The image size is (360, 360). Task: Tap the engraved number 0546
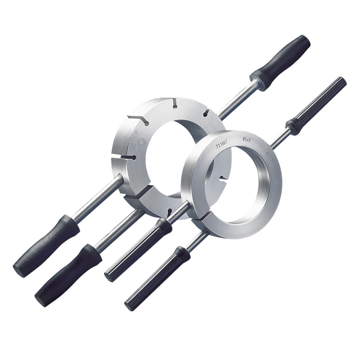(x=247, y=139)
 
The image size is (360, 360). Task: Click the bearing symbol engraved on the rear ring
(x=141, y=141)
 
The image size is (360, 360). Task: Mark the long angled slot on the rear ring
(x=138, y=120)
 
